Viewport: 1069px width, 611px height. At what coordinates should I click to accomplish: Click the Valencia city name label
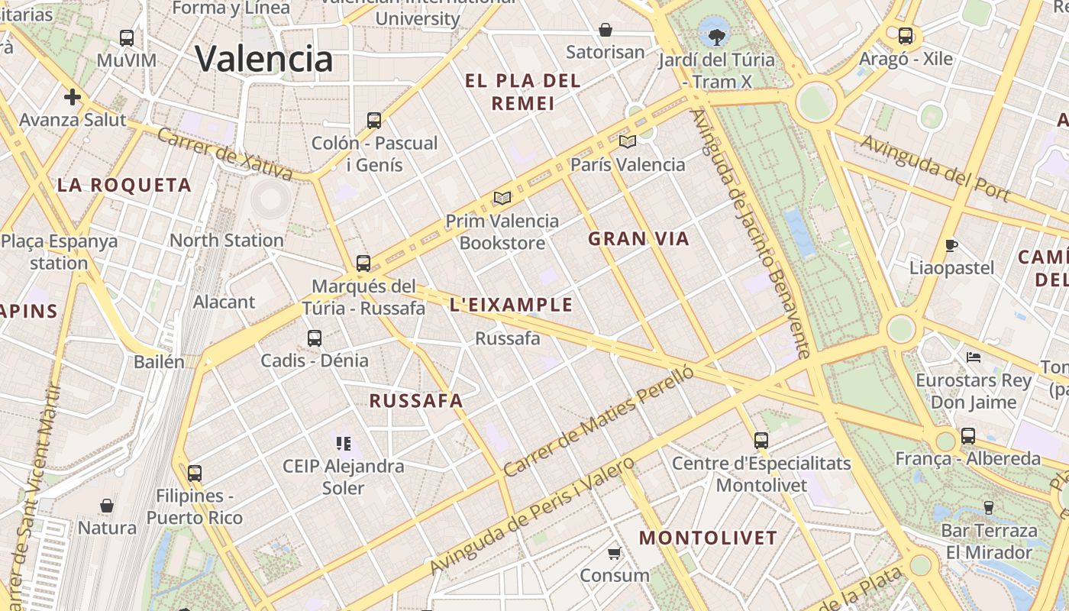coord(264,59)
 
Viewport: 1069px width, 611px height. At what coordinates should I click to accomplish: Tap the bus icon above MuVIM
coord(127,37)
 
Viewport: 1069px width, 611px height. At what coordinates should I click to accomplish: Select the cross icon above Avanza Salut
coord(73,97)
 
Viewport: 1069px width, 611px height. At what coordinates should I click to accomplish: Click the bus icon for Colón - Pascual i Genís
coord(374,120)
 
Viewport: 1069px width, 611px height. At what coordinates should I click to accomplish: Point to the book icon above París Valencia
coord(628,141)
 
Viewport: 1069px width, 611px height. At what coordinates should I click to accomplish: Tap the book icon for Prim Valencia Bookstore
coord(502,199)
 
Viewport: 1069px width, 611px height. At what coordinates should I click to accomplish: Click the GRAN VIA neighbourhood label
coord(638,239)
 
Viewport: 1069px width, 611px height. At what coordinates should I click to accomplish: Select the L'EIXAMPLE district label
coord(511,305)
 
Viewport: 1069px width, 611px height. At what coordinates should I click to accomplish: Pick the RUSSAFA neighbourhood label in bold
coord(416,401)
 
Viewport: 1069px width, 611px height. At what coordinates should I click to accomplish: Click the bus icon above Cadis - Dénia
coord(315,338)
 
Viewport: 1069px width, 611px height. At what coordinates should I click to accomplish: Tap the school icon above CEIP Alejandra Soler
coord(343,443)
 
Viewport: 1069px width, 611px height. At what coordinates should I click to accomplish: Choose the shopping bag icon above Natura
coord(107,506)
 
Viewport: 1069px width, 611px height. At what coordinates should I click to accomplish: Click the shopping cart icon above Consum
coord(615,553)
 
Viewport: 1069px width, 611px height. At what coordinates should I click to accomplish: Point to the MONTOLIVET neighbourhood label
coord(708,538)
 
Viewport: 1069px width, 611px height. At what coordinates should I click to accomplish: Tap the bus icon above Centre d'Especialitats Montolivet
coord(761,440)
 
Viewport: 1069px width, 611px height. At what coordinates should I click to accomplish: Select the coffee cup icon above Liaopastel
coord(951,245)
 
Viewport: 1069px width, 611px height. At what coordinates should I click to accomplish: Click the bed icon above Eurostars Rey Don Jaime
coord(974,357)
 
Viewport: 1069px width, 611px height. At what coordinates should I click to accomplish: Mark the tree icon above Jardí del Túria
coord(716,35)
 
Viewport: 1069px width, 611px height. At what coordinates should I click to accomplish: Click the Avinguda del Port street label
coord(935,168)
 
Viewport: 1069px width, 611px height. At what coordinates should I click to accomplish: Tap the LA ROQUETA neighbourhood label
coord(124,185)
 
